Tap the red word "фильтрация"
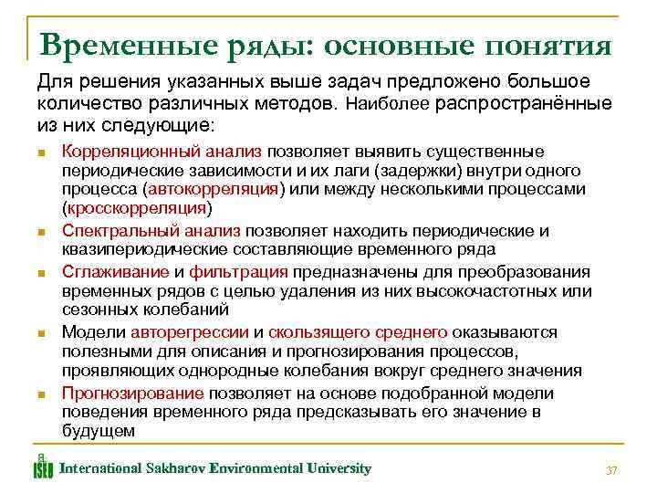tap(240, 272)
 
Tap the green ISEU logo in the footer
tap(43, 466)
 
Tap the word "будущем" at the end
tap(98, 430)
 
